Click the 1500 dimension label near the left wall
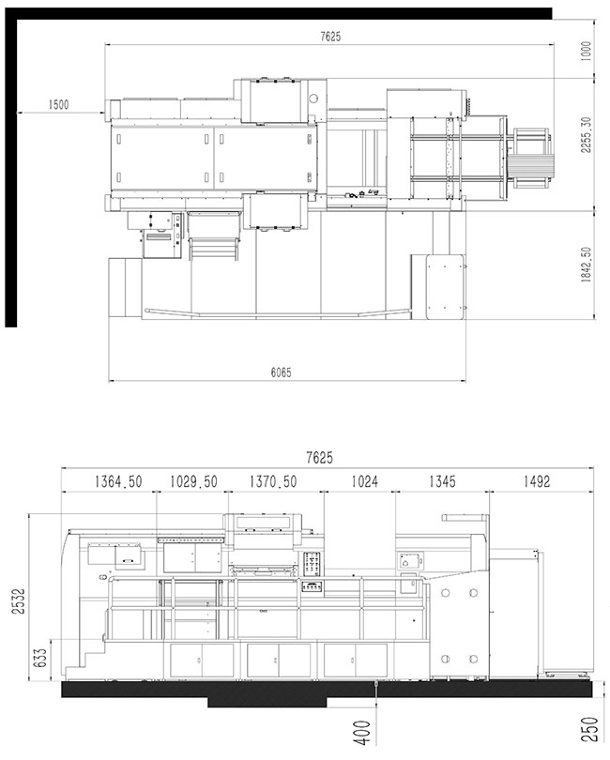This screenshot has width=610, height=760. [x=59, y=105]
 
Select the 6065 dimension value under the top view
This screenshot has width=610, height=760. [x=282, y=372]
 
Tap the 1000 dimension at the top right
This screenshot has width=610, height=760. [x=587, y=51]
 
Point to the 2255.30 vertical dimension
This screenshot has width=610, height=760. [x=587, y=135]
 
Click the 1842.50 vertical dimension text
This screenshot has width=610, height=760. [x=587, y=265]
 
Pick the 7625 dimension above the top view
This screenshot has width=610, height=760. [x=330, y=37]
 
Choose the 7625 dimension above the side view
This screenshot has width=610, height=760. [x=320, y=458]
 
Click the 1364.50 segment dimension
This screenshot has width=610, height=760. [x=118, y=481]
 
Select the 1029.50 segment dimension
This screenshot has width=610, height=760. [x=193, y=481]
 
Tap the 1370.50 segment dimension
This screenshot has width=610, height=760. [x=273, y=481]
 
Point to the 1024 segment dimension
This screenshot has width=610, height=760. [x=365, y=481]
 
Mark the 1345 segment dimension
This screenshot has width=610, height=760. [x=442, y=481]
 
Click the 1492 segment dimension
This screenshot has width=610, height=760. [x=537, y=481]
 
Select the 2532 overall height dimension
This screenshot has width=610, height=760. [x=19, y=601]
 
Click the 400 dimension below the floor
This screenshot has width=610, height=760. [x=361, y=733]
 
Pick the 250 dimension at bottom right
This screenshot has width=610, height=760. [x=588, y=729]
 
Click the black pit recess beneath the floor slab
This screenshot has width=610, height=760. [x=267, y=702]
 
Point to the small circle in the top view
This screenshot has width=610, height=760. [x=313, y=99]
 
